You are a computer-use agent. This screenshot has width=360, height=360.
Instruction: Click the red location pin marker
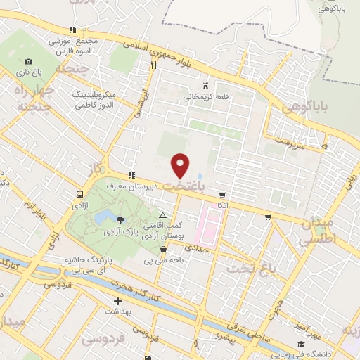[x=181, y=165]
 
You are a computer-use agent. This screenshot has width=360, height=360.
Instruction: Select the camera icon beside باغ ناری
[x=28, y=62]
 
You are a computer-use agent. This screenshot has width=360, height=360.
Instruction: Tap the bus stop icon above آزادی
[x=79, y=193]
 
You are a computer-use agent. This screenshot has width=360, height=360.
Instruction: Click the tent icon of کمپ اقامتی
[x=163, y=215]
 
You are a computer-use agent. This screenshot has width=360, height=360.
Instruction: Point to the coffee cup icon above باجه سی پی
[x=163, y=248]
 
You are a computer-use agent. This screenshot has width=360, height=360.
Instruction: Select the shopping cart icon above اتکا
[x=222, y=195]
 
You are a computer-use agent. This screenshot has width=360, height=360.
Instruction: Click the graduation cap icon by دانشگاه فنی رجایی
[x=300, y=344]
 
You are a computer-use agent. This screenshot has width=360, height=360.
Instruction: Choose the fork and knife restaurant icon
[x=153, y=65]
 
